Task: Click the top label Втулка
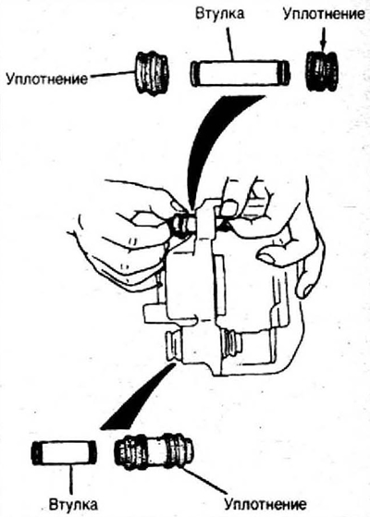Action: (x=219, y=14)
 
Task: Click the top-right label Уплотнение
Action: (x=324, y=15)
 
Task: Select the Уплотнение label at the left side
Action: (x=47, y=79)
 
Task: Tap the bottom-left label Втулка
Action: (x=73, y=504)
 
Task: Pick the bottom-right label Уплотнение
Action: (x=265, y=504)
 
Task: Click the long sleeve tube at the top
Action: (x=240, y=73)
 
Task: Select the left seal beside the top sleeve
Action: (x=152, y=73)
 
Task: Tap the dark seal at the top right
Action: (x=322, y=71)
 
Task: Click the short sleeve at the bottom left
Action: (x=65, y=452)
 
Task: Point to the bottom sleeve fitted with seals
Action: (x=154, y=450)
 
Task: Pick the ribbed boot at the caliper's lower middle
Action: (x=231, y=344)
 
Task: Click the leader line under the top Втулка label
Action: (x=229, y=43)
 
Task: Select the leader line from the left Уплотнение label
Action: (x=111, y=75)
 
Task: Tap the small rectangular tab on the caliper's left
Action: (x=154, y=314)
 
